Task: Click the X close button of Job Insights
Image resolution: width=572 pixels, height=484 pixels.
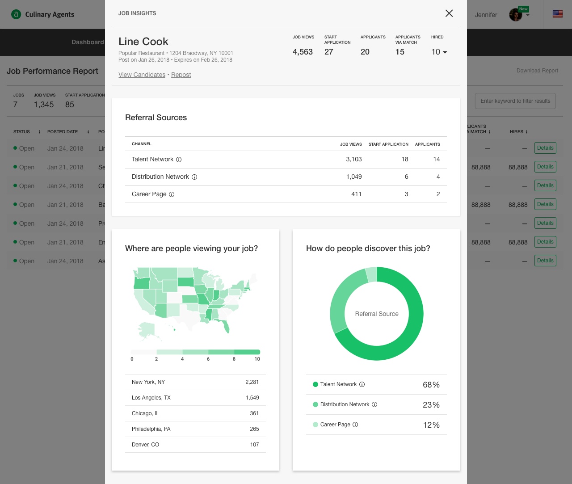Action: point(449,13)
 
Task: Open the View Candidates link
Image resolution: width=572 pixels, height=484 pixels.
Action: point(142,75)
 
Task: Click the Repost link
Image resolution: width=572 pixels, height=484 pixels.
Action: point(181,75)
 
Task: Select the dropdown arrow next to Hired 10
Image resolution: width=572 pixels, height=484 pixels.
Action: point(445,52)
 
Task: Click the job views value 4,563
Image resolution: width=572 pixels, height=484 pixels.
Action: point(303,52)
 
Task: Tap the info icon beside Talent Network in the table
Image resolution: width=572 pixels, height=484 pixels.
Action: point(179,160)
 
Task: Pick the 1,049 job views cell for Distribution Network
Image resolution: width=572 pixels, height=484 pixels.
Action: point(354,177)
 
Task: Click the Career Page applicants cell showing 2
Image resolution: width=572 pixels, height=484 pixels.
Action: point(438,194)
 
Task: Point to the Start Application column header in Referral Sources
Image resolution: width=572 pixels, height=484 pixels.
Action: point(388,144)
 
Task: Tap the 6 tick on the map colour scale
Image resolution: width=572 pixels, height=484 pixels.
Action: point(208,359)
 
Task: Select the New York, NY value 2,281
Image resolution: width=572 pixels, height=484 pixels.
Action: point(252,382)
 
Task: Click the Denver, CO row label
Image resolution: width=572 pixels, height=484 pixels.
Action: point(145,445)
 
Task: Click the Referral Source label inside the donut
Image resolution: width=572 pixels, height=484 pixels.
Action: point(377,314)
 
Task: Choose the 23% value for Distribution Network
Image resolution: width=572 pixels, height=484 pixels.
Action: point(431,405)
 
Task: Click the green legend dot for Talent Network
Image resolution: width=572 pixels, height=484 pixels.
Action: point(315,384)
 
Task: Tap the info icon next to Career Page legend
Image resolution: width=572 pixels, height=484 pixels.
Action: point(355,425)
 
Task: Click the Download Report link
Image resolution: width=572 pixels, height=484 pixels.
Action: point(537,71)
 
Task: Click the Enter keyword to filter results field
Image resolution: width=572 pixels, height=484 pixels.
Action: point(515,101)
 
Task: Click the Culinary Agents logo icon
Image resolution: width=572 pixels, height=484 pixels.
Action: point(16,14)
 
